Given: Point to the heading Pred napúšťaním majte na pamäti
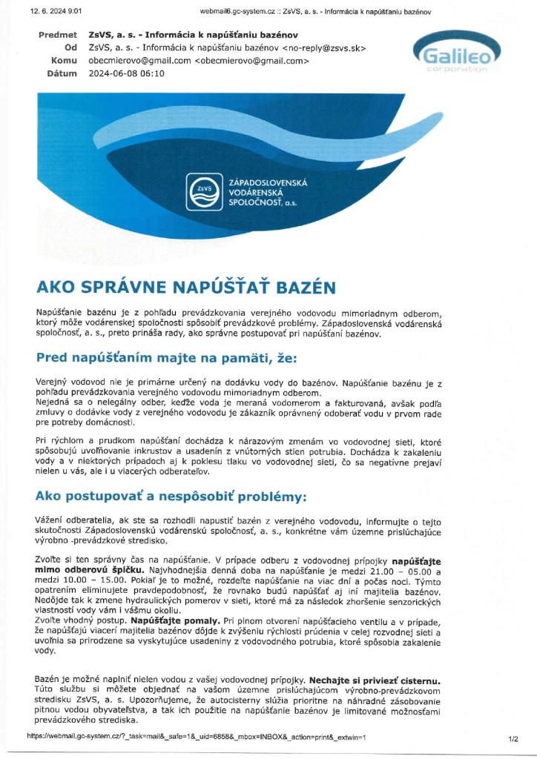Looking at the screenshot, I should click(x=166, y=358).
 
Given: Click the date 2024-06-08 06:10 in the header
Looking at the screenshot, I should click(x=126, y=74).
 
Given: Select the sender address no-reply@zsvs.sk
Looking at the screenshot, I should click(x=327, y=48).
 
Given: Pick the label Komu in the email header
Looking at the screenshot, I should click(x=65, y=61).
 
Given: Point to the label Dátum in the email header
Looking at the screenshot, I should click(x=62, y=74).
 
